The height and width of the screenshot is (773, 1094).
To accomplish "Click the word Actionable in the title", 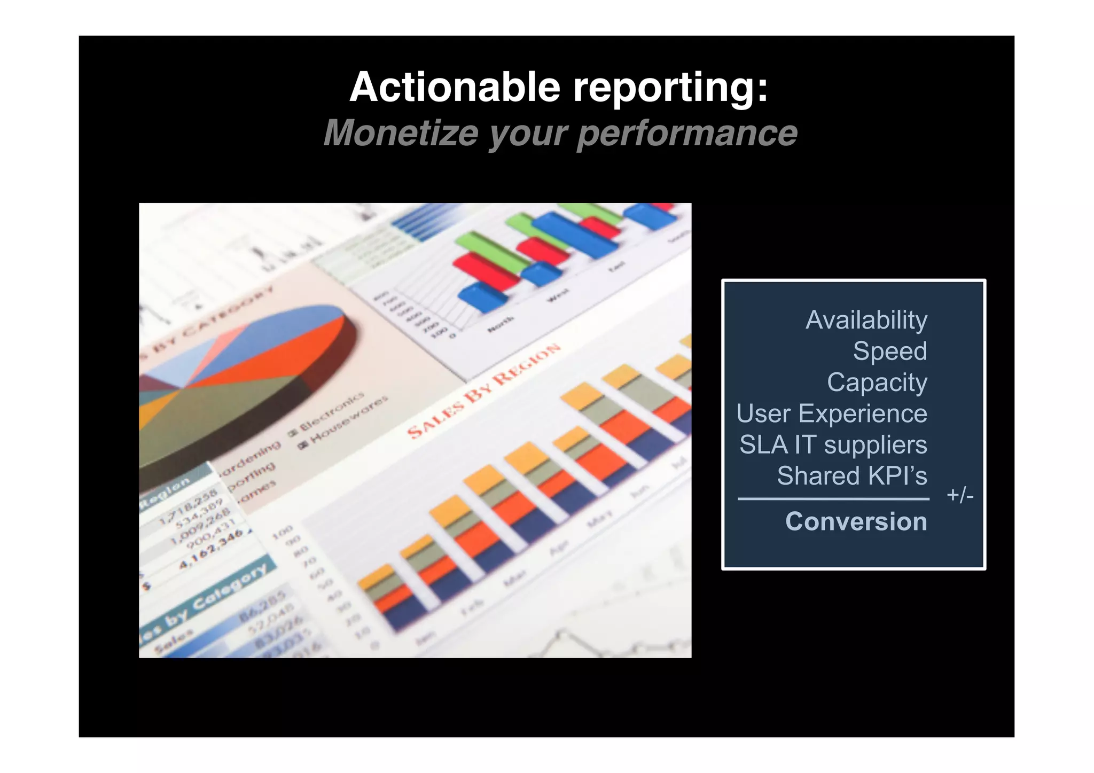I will click(455, 87).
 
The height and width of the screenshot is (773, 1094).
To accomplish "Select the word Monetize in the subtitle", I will click(400, 133).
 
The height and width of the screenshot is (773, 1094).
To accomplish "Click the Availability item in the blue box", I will click(866, 321).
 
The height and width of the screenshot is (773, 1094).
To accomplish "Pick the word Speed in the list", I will click(889, 352).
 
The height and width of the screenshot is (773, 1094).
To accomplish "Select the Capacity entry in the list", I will click(877, 382).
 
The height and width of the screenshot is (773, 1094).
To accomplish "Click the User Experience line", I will click(831, 413).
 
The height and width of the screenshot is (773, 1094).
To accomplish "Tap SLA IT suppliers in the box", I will click(833, 444).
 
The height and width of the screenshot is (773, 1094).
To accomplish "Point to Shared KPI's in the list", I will click(851, 475).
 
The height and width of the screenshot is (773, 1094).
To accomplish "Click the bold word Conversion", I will click(856, 521).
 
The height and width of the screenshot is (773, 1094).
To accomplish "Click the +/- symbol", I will click(960, 495).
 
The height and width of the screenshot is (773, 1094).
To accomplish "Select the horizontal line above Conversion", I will click(833, 499).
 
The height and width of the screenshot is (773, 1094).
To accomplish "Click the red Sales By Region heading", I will click(483, 391).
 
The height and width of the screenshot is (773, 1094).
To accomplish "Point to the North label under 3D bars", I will click(501, 324).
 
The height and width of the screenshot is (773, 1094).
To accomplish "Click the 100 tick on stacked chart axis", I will click(283, 531).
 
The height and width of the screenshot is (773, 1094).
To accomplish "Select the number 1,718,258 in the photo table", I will click(188, 505).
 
